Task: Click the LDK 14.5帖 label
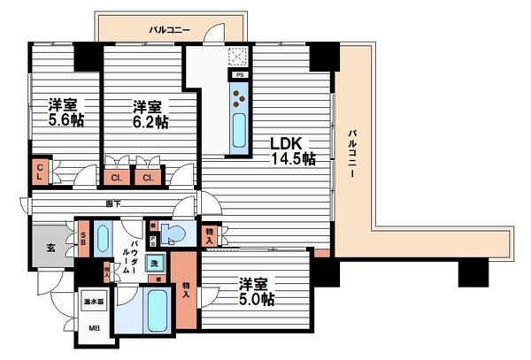[x=293, y=150]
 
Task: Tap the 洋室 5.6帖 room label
[x=65, y=112]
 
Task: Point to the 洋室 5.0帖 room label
[x=256, y=291]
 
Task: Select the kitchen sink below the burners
[x=239, y=131]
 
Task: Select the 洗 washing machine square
[x=153, y=263]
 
